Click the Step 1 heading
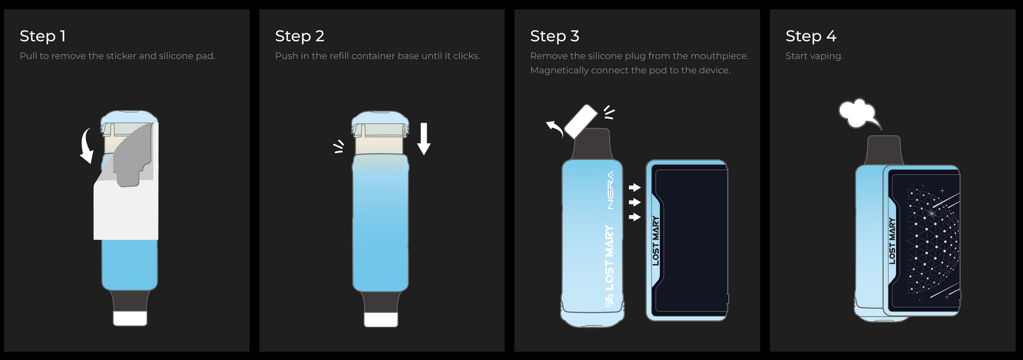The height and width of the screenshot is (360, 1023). pyautogui.click(x=43, y=36)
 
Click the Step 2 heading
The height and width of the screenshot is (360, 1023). pyautogui.click(x=300, y=36)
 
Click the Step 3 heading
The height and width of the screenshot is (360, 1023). pyautogui.click(x=555, y=36)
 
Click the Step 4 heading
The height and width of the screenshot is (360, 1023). pyautogui.click(x=811, y=36)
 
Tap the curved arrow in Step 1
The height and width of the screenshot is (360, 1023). pyautogui.click(x=86, y=146)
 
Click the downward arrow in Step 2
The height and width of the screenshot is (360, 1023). pyautogui.click(x=424, y=139)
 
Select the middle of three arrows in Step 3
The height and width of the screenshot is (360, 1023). pyautogui.click(x=635, y=202)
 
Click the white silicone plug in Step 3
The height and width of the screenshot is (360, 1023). pyautogui.click(x=581, y=121)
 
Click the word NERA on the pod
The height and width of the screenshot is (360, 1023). pyautogui.click(x=611, y=190)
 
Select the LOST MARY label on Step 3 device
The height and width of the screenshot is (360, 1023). pyautogui.click(x=656, y=241)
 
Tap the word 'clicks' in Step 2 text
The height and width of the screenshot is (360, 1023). pyautogui.click(x=466, y=56)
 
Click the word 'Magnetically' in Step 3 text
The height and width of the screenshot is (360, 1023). pyautogui.click(x=559, y=70)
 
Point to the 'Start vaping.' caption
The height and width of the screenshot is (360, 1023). pyautogui.click(x=814, y=56)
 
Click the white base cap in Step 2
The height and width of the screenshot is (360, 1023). pyautogui.click(x=381, y=319)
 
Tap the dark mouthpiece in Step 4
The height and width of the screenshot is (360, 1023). pyautogui.click(x=884, y=151)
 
